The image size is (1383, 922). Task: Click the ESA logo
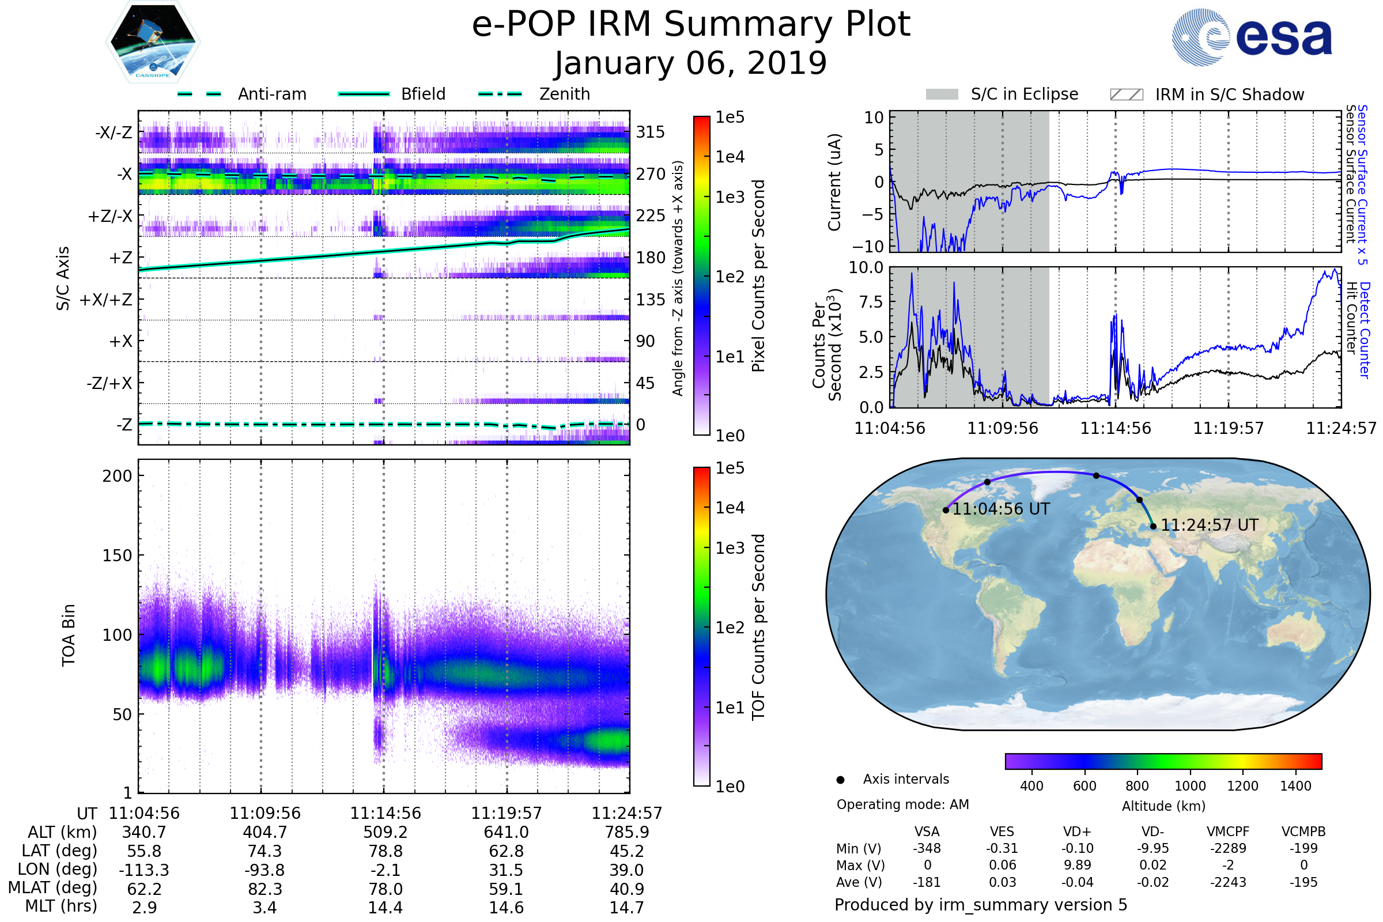click(x=1252, y=37)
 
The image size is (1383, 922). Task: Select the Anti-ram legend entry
click(x=242, y=94)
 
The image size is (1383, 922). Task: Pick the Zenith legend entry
click(x=534, y=94)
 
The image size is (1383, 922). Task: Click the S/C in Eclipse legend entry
click(x=1002, y=94)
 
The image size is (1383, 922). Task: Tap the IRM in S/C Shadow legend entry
click(x=1207, y=95)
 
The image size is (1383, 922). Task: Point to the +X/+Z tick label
click(x=106, y=300)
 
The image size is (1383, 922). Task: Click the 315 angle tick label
click(x=650, y=133)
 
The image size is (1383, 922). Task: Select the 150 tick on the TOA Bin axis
click(x=117, y=556)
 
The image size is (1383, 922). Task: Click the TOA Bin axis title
click(x=68, y=635)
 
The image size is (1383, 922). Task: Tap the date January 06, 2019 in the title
click(x=691, y=63)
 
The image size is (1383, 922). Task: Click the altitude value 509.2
click(x=386, y=833)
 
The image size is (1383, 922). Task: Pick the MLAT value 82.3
click(x=265, y=889)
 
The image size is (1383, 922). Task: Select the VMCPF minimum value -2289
click(x=1228, y=848)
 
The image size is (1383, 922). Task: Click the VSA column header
click(x=927, y=832)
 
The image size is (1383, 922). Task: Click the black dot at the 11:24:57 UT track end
click(x=1153, y=527)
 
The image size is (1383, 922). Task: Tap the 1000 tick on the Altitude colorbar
click(x=1190, y=786)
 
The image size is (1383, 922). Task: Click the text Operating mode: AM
click(x=902, y=804)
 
